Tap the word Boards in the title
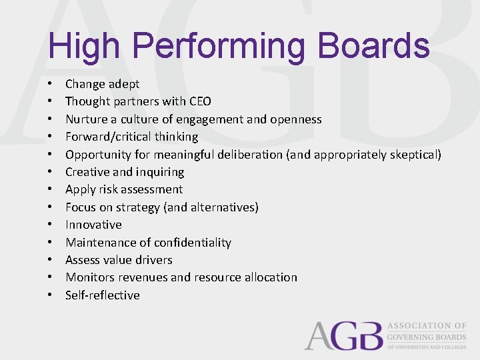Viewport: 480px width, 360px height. point(373,46)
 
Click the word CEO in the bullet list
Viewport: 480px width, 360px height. point(201,101)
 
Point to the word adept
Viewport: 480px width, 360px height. point(125,84)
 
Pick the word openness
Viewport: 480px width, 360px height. point(296,119)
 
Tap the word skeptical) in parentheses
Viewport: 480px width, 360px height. point(415,155)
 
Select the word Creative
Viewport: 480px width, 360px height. point(87,172)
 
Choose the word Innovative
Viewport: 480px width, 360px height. point(93,225)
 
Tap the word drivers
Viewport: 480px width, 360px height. point(152,260)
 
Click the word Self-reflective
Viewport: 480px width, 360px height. point(103,295)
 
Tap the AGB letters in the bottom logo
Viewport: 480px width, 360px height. point(343,335)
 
